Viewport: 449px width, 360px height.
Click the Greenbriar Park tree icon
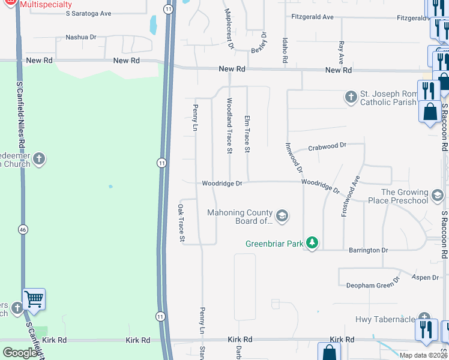(x=312, y=243)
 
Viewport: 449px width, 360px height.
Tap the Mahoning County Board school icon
(x=282, y=215)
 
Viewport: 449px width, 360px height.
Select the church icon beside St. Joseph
(x=351, y=97)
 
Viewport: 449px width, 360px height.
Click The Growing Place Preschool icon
(x=438, y=195)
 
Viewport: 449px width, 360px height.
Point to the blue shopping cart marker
(x=34, y=298)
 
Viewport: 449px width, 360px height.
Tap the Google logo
(x=20, y=353)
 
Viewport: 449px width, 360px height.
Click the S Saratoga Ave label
(x=89, y=13)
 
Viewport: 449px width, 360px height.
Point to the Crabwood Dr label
(x=327, y=146)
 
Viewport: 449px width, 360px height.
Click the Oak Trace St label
(x=181, y=223)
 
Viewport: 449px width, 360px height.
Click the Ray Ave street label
(x=341, y=53)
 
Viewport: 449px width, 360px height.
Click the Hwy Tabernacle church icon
(x=424, y=318)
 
